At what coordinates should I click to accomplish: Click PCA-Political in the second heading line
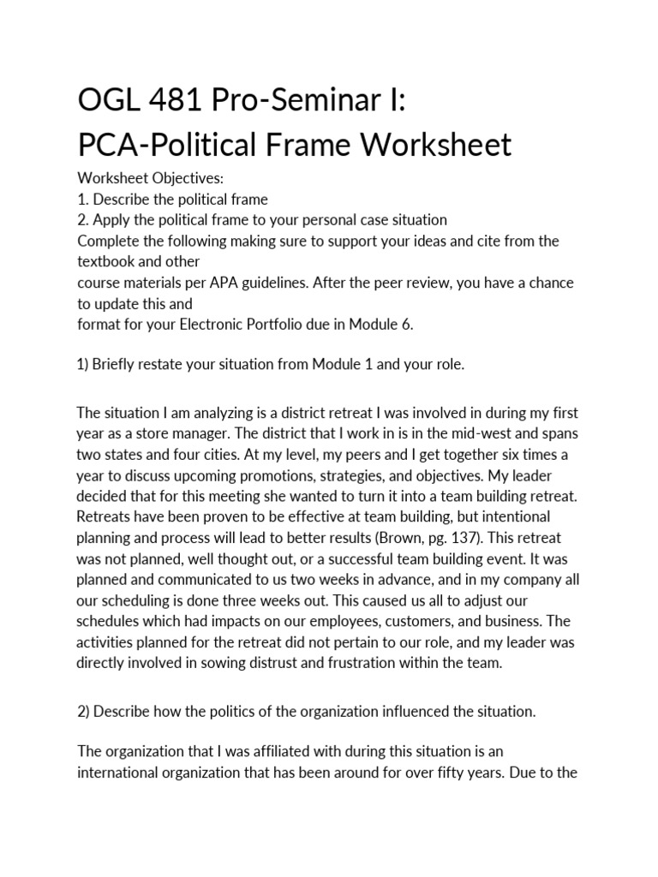[x=179, y=145]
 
